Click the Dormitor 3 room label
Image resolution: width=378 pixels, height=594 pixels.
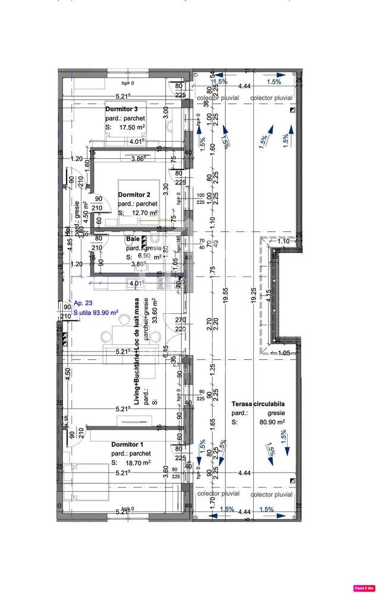click(x=122, y=109)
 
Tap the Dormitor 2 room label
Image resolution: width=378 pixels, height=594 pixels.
click(x=134, y=194)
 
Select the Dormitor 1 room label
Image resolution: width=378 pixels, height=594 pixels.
click(x=127, y=444)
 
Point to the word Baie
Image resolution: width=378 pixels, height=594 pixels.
click(x=132, y=239)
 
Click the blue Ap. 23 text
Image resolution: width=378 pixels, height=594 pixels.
click(x=84, y=302)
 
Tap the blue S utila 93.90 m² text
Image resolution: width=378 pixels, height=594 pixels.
click(x=96, y=312)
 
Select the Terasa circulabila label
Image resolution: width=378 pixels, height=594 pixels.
click(x=258, y=404)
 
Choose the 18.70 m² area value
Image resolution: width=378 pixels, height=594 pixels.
click(x=137, y=463)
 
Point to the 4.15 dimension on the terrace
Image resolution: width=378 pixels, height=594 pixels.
click(x=269, y=294)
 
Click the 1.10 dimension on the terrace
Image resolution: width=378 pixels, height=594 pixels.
click(x=283, y=241)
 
